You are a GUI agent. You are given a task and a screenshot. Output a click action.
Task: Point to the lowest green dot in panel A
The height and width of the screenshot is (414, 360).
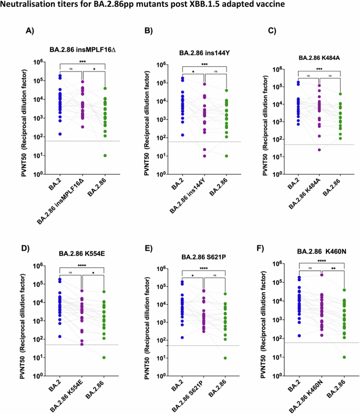[105, 156]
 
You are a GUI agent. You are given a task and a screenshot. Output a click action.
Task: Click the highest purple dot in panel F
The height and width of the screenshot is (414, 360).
[321, 275]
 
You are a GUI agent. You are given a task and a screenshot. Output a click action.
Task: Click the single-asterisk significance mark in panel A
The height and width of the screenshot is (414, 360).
[94, 69]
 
